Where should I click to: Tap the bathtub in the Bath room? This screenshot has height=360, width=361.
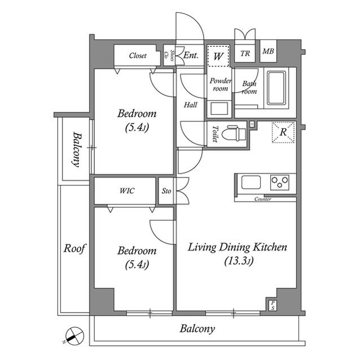276,88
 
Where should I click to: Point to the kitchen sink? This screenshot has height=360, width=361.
251,183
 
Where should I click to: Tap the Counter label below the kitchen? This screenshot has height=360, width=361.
263,199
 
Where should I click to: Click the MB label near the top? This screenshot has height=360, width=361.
267,54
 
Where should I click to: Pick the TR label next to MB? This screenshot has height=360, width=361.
245,54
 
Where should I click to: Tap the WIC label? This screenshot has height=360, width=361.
127,190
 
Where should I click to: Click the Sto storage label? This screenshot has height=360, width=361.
166,191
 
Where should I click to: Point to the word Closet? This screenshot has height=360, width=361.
138,56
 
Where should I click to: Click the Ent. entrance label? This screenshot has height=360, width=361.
190,55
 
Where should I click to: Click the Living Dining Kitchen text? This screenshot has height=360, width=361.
237,247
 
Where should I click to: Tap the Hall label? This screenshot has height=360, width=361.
191,104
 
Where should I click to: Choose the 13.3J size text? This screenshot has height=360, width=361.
239,261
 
